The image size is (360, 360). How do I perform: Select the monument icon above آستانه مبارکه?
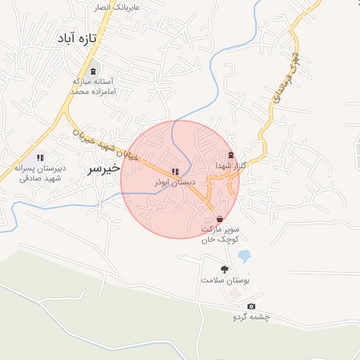(x=94, y=71)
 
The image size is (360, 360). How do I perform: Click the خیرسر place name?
(x=102, y=169)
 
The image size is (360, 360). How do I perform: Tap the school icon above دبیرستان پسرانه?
(x=40, y=157)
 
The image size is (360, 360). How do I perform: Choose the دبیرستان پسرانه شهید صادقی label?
(x=40, y=173)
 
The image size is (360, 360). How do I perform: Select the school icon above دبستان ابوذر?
(x=174, y=172)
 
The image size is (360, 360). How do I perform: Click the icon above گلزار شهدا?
(x=231, y=155)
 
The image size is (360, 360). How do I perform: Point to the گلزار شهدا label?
(x=231, y=166)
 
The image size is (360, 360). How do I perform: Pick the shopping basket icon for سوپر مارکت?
(x=220, y=219)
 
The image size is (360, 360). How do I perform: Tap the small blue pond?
(x=244, y=256)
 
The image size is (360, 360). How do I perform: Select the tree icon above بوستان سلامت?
(x=224, y=269)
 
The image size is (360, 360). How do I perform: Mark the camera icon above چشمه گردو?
(x=251, y=306)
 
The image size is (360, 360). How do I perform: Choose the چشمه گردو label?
(x=251, y=317)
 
